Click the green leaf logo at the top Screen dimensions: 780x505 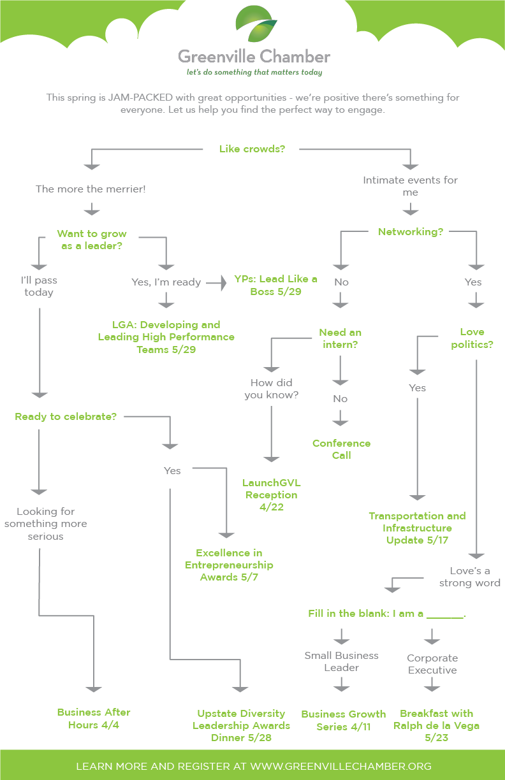[x=255, y=24]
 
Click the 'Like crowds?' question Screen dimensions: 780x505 [x=252, y=149]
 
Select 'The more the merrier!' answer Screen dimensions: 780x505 [x=91, y=189]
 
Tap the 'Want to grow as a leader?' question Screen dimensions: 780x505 [x=92, y=240]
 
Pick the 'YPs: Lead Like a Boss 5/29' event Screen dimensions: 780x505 [x=275, y=285]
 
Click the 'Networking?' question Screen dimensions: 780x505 [x=411, y=232]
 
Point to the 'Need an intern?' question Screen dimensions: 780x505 [x=340, y=338]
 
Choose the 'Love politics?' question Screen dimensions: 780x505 [x=472, y=338]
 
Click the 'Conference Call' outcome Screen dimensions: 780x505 [x=341, y=449]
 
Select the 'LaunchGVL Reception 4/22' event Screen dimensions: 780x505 [x=271, y=495]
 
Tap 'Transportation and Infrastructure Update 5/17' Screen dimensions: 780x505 [x=417, y=528]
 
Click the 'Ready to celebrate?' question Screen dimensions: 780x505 [x=66, y=417]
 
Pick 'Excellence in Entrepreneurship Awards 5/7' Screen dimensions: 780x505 [x=229, y=565]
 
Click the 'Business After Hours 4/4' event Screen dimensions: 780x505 [x=94, y=718]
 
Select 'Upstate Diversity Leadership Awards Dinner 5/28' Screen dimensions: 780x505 [x=241, y=725]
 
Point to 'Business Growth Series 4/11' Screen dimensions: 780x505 [x=343, y=719]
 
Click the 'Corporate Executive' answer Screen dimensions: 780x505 [x=432, y=664]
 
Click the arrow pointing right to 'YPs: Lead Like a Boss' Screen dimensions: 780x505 [x=220, y=282]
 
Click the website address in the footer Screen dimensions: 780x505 [x=340, y=766]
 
